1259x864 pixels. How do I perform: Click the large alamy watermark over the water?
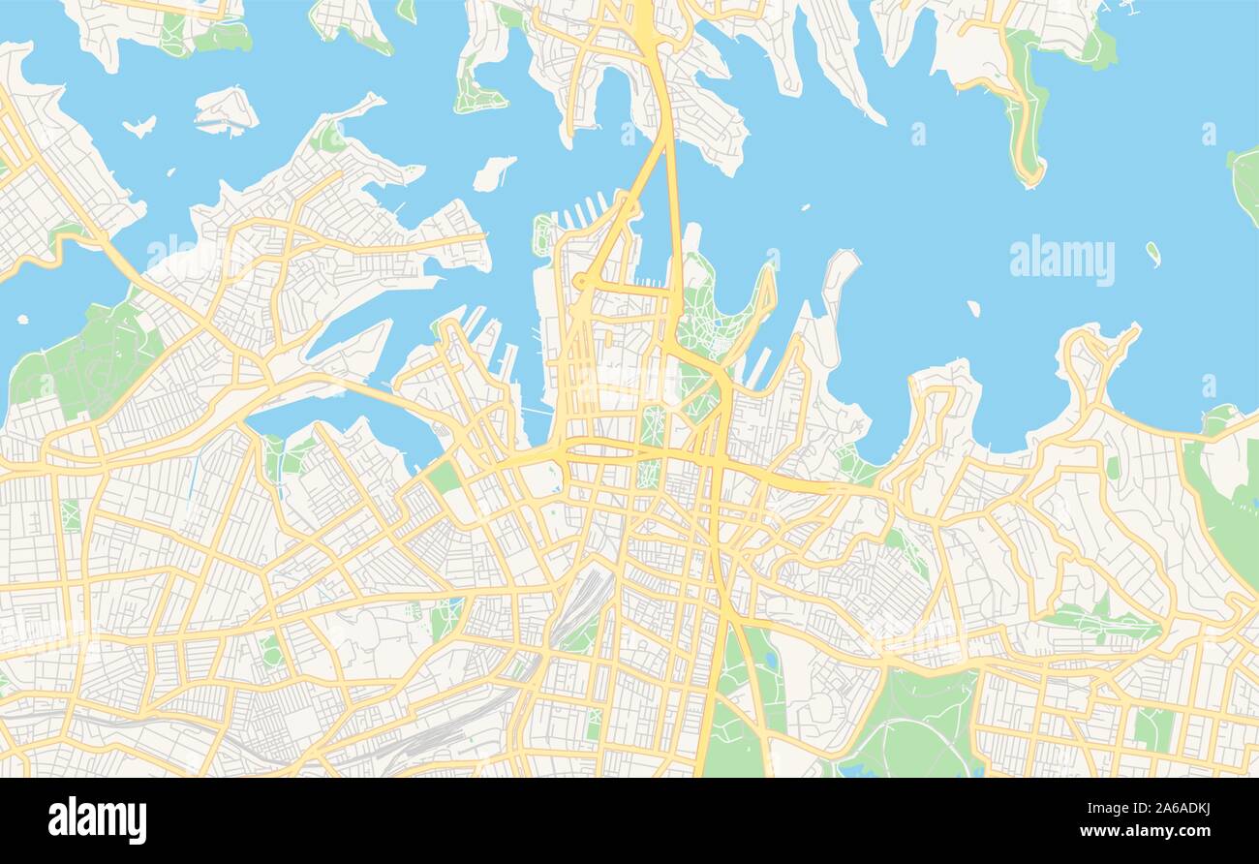tap(1061, 261)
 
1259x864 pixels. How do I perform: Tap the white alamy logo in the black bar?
tap(97, 819)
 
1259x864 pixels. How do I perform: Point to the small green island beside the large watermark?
tap(1152, 254)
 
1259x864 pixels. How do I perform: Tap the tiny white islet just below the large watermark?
tap(972, 308)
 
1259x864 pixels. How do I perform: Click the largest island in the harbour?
tap(225, 110)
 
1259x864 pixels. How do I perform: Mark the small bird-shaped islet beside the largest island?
tap(140, 126)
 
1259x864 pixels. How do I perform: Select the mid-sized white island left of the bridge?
tap(493, 173)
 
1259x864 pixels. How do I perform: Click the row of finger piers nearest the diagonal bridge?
tap(586, 212)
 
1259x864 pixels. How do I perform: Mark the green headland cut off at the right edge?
tap(1245, 184)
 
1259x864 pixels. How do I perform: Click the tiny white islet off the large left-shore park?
tap(21, 318)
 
